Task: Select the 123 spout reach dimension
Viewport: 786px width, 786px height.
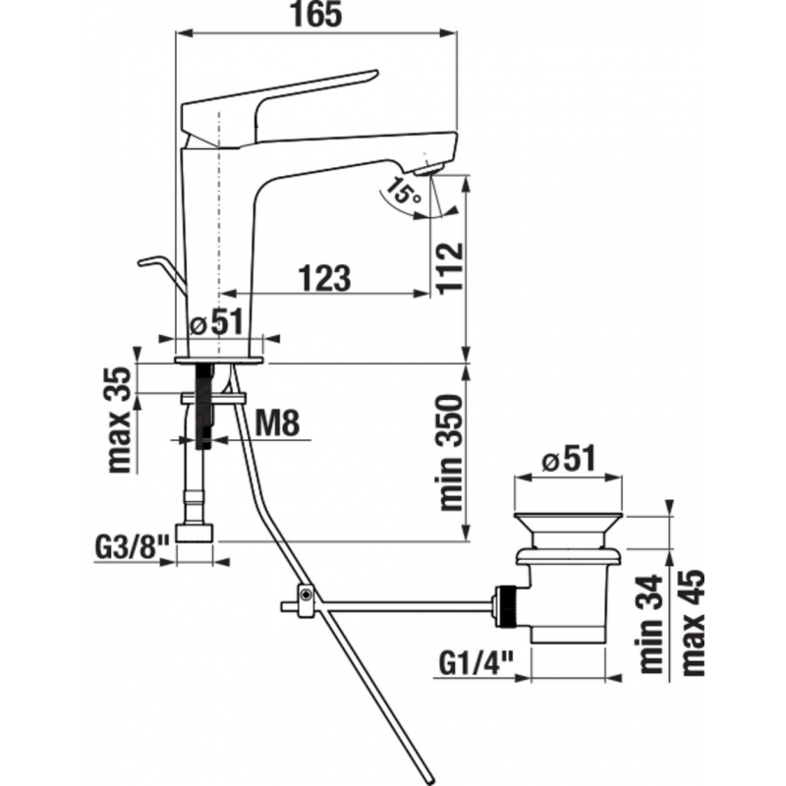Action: click(x=323, y=279)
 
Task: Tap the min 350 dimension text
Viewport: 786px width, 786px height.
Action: click(x=450, y=452)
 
